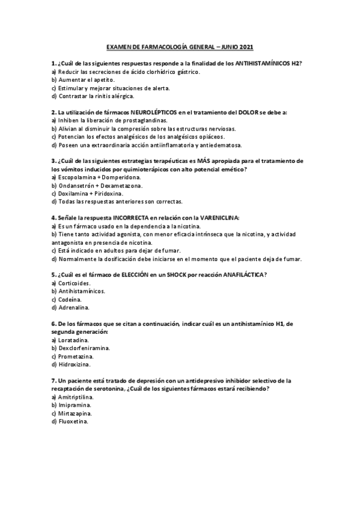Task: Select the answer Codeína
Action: pos(71,299)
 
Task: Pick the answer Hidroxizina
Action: pos(75,364)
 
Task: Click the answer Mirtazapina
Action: pos(75,414)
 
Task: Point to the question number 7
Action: pos(54,381)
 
